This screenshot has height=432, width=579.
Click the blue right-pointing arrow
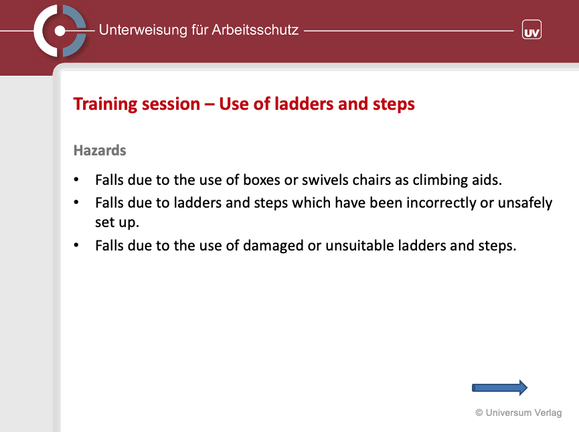point(499,388)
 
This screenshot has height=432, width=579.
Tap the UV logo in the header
point(531,29)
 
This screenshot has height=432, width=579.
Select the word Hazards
point(100,151)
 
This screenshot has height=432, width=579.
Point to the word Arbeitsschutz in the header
point(255,30)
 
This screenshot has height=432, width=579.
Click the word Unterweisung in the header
point(143,30)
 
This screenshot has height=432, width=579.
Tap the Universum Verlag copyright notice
point(519,413)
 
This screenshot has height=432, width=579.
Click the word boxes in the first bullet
point(262,180)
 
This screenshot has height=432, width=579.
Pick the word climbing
point(440,180)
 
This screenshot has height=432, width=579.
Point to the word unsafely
point(525,203)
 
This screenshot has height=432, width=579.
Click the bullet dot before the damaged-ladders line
point(76,245)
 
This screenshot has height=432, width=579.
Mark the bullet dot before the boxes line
point(76,180)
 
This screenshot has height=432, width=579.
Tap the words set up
point(117,222)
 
